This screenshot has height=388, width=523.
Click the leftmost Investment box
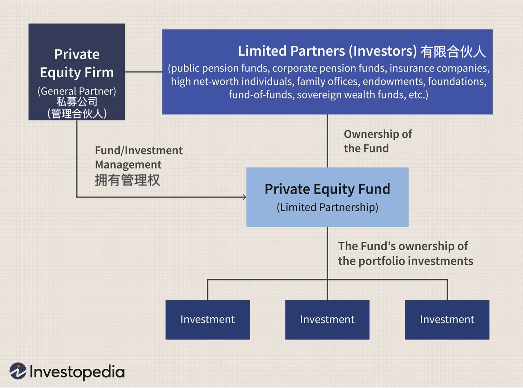pyautogui.click(x=208, y=320)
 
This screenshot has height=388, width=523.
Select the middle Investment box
pyautogui.click(x=327, y=320)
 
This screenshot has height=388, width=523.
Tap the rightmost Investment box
pyautogui.click(x=447, y=320)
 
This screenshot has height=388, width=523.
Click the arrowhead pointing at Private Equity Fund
pyautogui.click(x=244, y=197)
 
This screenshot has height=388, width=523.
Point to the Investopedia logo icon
pyautogui.click(x=18, y=371)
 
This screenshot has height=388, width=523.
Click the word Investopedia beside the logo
pyautogui.click(x=77, y=372)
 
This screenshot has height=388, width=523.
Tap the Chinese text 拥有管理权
pyautogui.click(x=127, y=180)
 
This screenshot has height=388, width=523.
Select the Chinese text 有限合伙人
pyautogui.click(x=453, y=52)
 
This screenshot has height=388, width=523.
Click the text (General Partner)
pyautogui.click(x=77, y=91)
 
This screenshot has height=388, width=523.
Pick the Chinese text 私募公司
pyautogui.click(x=77, y=102)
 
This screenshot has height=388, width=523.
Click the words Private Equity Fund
pyautogui.click(x=327, y=189)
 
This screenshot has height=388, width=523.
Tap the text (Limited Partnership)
pyautogui.click(x=327, y=207)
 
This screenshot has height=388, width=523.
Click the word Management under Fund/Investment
pyautogui.click(x=128, y=165)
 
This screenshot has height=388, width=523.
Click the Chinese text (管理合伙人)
pyautogui.click(x=77, y=114)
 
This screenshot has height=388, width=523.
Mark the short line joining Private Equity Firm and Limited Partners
pyautogui.click(x=143, y=72)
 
